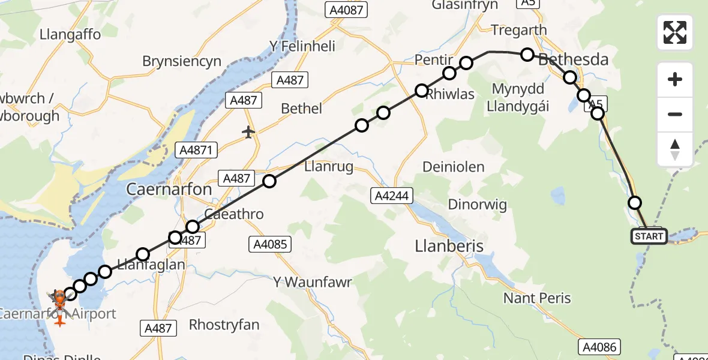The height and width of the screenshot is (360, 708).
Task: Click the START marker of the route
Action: point(649,236)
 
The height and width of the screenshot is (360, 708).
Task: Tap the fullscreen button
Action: point(675,32)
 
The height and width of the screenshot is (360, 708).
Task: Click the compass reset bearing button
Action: point(675,149)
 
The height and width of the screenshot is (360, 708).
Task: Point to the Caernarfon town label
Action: point(169,190)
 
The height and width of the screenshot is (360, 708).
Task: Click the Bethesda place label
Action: point(574,59)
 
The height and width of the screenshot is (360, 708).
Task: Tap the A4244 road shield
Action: point(391,195)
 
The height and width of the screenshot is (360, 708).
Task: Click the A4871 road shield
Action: point(196,150)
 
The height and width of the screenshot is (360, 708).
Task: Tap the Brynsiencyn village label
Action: point(182,61)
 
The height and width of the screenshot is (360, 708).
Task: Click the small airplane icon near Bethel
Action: point(248,131)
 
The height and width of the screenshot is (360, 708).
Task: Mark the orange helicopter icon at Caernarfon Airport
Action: point(59,297)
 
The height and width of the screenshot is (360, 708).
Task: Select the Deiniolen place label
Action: point(454,167)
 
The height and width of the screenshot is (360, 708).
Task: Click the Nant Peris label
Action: point(537,298)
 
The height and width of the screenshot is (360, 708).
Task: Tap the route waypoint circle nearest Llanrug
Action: point(269,181)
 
